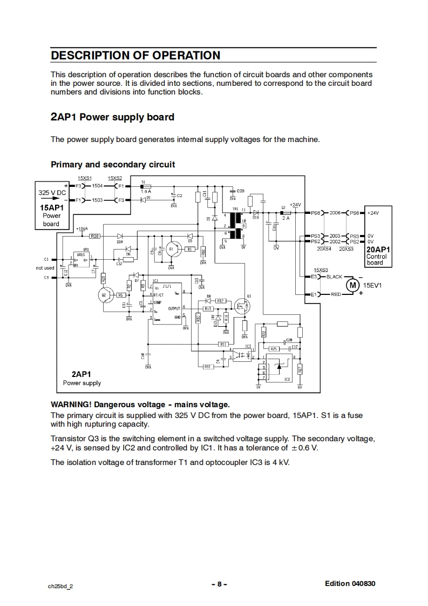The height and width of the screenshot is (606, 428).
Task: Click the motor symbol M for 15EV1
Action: click(x=352, y=285)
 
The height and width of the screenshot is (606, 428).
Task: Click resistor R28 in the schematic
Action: click(x=94, y=236)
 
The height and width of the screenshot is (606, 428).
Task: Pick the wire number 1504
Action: click(x=98, y=186)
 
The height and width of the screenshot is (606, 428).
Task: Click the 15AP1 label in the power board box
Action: click(x=51, y=207)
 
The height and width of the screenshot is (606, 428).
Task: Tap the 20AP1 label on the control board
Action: click(x=378, y=250)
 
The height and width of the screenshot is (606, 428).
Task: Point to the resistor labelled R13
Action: click(x=207, y=308)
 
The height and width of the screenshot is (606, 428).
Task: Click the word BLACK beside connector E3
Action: click(x=334, y=277)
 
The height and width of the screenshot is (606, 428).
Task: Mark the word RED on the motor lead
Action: click(x=336, y=294)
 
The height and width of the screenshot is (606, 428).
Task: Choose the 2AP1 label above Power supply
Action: click(x=81, y=374)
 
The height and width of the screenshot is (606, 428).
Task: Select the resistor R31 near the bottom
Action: click(x=207, y=367)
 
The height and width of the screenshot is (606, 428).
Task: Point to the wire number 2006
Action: click(x=335, y=213)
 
